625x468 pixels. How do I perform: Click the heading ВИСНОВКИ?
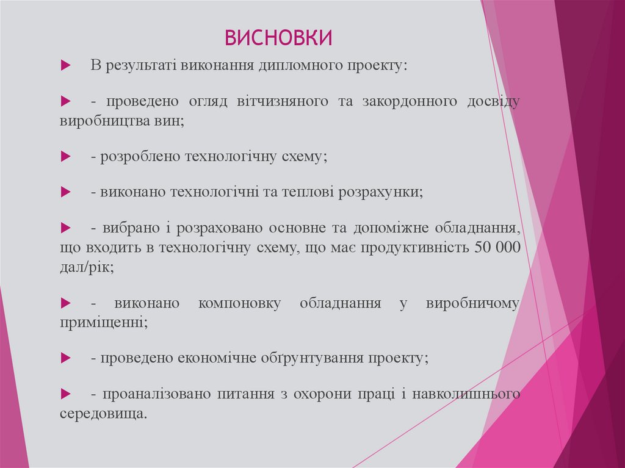(x=278, y=38)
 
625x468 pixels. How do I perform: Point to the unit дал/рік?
(x=87, y=267)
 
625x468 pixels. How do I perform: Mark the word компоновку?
(x=239, y=303)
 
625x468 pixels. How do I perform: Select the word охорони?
(x=323, y=394)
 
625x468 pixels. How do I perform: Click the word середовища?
(x=103, y=412)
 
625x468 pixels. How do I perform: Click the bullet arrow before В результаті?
(x=65, y=66)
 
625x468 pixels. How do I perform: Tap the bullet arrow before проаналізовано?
(x=65, y=394)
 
